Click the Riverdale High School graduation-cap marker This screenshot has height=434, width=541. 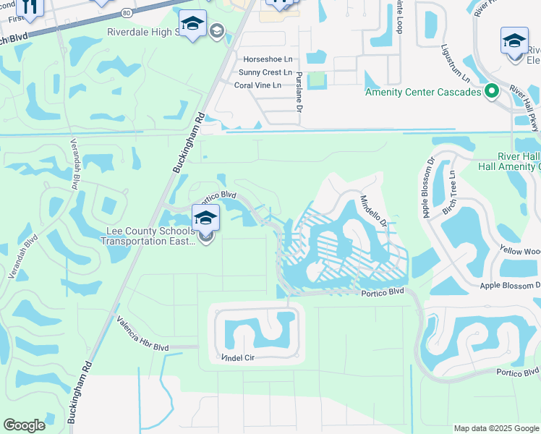pyautogui.click(x=192, y=26)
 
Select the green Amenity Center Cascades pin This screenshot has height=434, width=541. pyautogui.click(x=492, y=91)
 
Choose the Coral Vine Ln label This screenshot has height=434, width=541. pyautogui.click(x=263, y=85)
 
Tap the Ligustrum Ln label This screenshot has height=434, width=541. pyautogui.click(x=456, y=65)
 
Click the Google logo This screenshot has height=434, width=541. pyautogui.click(x=24, y=425)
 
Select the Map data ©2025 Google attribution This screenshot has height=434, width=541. pyautogui.click(x=495, y=428)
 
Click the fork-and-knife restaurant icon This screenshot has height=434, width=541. pyautogui.click(x=30, y=6)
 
